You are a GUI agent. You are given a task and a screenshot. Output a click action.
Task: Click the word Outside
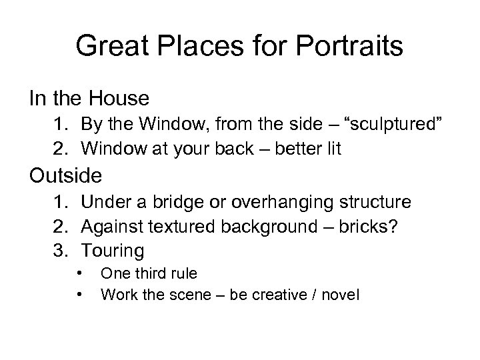(x=65, y=176)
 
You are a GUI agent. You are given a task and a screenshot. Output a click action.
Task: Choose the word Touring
(x=113, y=251)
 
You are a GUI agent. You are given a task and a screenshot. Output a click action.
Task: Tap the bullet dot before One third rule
(x=79, y=273)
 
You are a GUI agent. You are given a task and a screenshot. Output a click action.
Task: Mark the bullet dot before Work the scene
(x=79, y=292)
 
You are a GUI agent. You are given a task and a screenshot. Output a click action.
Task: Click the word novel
(x=340, y=293)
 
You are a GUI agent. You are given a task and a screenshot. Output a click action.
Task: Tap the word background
(x=257, y=226)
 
